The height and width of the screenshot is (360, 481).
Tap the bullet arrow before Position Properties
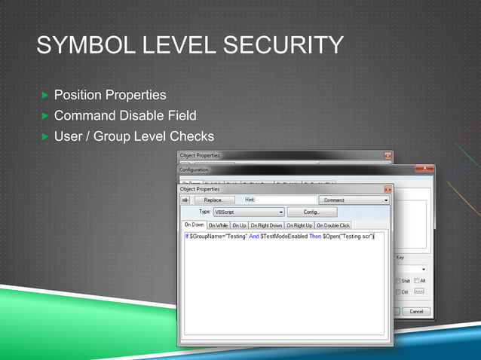44,96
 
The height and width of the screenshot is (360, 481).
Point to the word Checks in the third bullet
192,136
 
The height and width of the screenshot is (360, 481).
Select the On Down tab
195,224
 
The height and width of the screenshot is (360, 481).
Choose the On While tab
218,224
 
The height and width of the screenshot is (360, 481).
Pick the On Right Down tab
266,224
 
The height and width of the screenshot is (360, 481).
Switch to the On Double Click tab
332,224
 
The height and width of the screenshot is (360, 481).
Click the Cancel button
415,311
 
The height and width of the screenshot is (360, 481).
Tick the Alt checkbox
416,281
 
